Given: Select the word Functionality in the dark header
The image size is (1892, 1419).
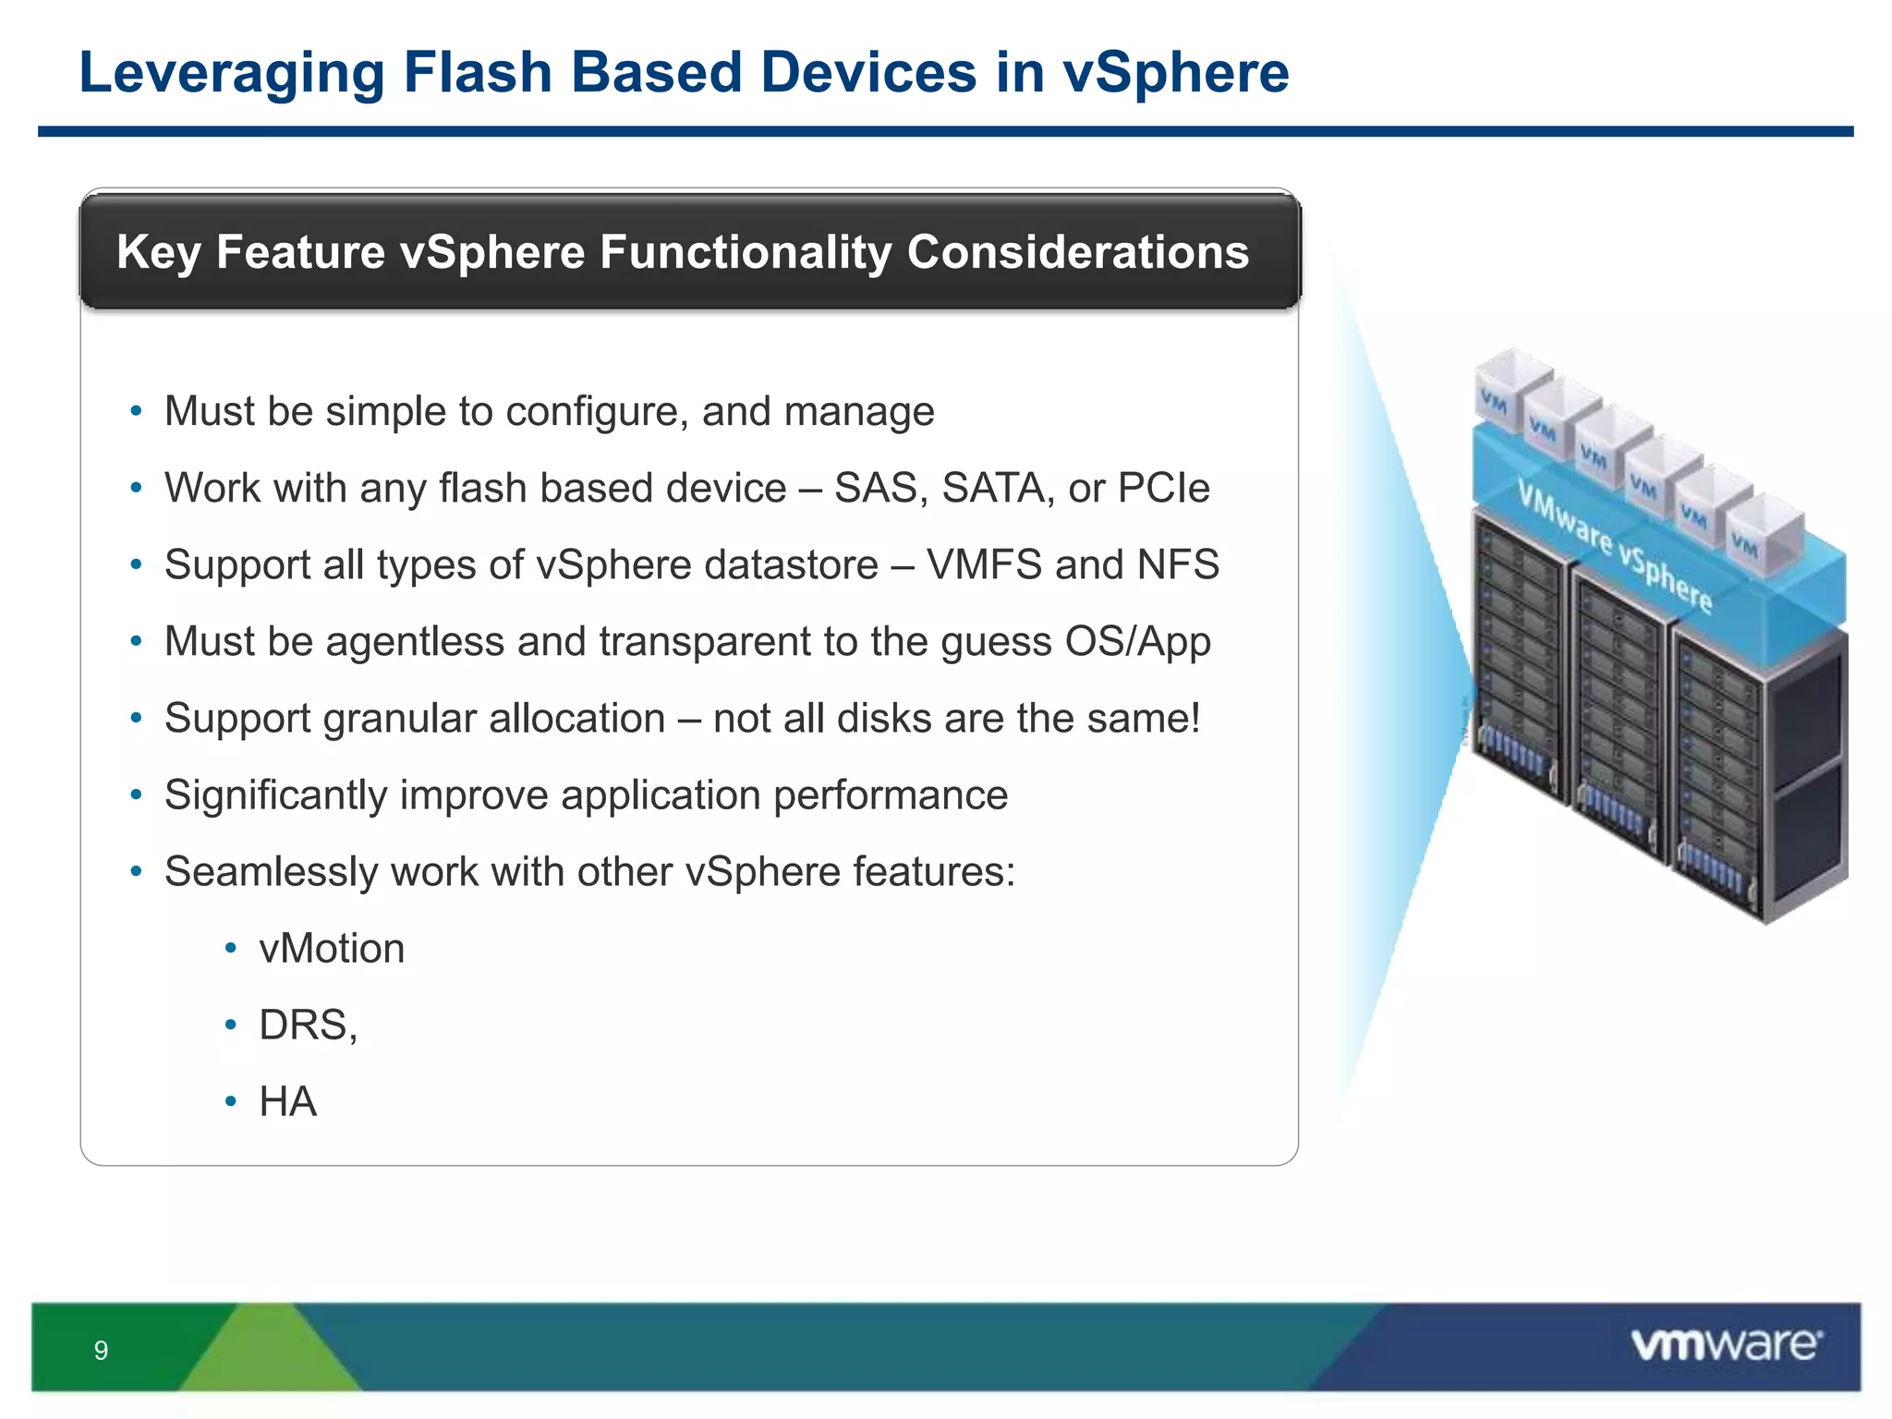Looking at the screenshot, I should click(745, 252).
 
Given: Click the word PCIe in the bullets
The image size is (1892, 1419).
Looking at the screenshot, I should click(1163, 488).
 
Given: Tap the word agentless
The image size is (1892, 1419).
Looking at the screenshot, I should click(415, 641).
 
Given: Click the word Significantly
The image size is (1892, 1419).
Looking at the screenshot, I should click(275, 795).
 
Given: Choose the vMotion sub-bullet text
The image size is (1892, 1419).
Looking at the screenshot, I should click(332, 949).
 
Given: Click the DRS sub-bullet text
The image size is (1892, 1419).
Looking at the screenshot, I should click(304, 1025).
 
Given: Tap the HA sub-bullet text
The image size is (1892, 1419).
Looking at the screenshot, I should click(287, 1102).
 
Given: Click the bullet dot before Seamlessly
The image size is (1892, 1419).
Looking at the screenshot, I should click(136, 871).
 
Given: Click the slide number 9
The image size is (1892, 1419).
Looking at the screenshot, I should click(101, 1351).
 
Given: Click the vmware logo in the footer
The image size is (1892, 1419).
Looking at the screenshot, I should click(1726, 1344).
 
